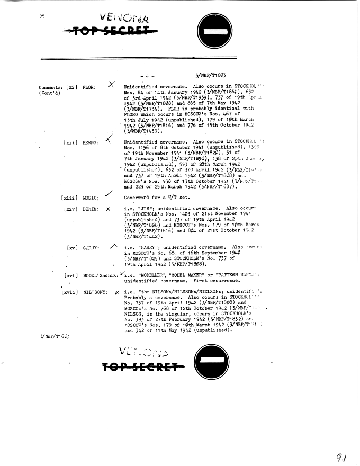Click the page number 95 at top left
(x=42, y=16)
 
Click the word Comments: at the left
(x=53, y=87)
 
